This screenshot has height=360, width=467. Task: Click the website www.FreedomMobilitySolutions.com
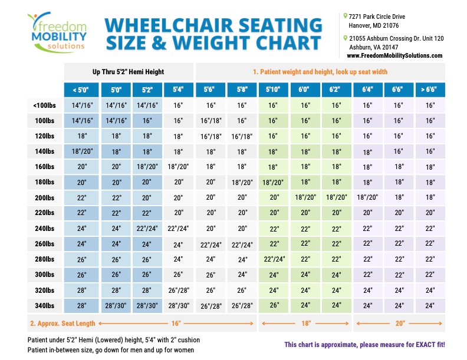point(394,55)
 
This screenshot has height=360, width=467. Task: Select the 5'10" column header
point(273,90)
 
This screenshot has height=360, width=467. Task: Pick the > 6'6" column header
point(430,90)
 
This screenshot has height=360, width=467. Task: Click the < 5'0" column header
point(81,90)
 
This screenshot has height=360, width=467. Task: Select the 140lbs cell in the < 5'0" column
point(81,151)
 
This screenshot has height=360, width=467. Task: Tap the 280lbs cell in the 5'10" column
point(273,259)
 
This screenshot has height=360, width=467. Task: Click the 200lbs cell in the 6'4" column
point(367,197)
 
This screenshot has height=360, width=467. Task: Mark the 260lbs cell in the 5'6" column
point(211,244)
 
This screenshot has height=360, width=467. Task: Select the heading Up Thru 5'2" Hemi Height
point(129,71)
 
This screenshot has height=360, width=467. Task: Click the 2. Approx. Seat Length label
point(61,323)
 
